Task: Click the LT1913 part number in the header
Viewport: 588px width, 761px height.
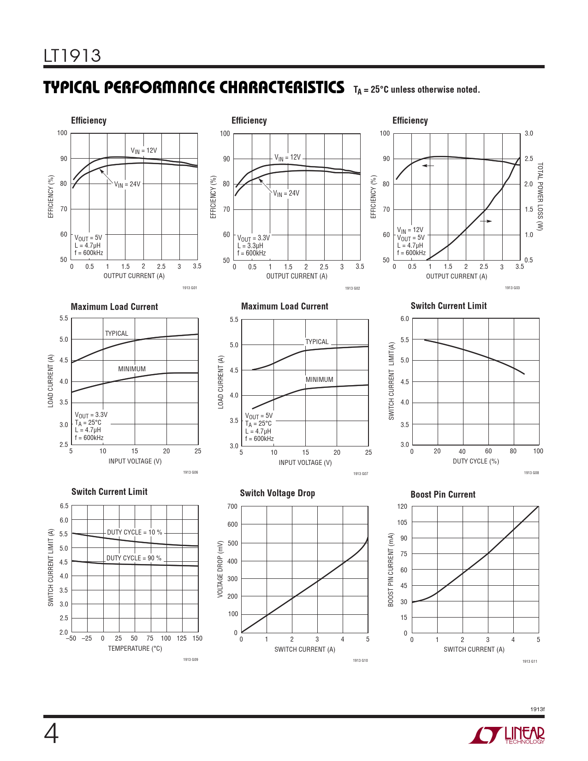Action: click(72, 56)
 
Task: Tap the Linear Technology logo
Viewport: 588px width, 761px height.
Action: click(507, 735)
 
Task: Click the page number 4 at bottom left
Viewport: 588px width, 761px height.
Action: click(51, 734)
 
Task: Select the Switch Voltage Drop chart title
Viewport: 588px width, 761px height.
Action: click(277, 493)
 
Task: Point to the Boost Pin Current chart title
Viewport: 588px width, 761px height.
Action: click(443, 494)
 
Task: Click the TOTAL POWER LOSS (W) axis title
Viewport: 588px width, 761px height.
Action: click(540, 196)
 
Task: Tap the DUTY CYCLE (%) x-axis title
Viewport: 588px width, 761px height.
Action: click(475, 461)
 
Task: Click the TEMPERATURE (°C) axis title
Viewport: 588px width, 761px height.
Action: click(135, 648)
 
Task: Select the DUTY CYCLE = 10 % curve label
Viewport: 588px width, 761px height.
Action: click(135, 532)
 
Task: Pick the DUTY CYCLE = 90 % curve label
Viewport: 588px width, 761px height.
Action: click(134, 558)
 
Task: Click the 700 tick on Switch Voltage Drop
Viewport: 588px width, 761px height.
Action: click(232, 506)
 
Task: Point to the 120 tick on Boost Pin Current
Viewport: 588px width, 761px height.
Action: click(402, 506)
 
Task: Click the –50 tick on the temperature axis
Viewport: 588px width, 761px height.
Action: click(71, 638)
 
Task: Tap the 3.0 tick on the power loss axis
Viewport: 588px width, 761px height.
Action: click(529, 133)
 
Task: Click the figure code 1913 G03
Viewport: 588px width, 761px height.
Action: click(512, 288)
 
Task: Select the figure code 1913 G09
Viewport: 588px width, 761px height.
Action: click(190, 660)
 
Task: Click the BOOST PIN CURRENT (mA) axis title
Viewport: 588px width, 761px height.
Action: click(391, 570)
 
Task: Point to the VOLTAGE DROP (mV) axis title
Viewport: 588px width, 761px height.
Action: click(220, 569)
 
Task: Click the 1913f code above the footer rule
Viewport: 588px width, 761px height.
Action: click(537, 709)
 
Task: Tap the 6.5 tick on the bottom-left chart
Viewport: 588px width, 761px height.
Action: click(64, 506)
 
